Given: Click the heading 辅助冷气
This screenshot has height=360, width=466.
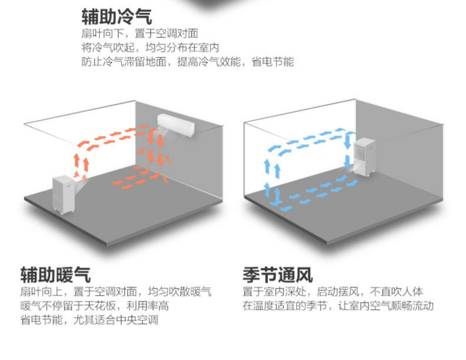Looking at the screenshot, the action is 117,16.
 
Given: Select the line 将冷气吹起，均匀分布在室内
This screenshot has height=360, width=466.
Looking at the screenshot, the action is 150,48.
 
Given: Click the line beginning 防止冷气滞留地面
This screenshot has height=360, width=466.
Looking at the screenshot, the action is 187,62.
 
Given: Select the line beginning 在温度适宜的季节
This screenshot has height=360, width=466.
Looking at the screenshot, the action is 337,306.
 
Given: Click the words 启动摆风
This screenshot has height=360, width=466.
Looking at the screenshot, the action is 337,292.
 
